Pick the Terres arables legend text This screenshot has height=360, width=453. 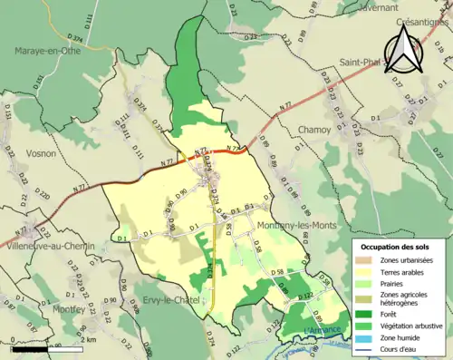[x=400, y=271]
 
